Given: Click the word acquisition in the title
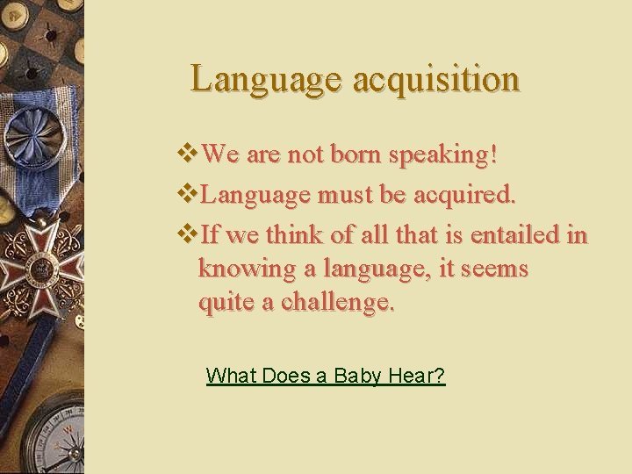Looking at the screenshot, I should click(x=435, y=79).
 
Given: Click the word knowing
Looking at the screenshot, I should click(x=243, y=269).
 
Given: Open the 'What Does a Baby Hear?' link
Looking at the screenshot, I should click(x=325, y=377).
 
